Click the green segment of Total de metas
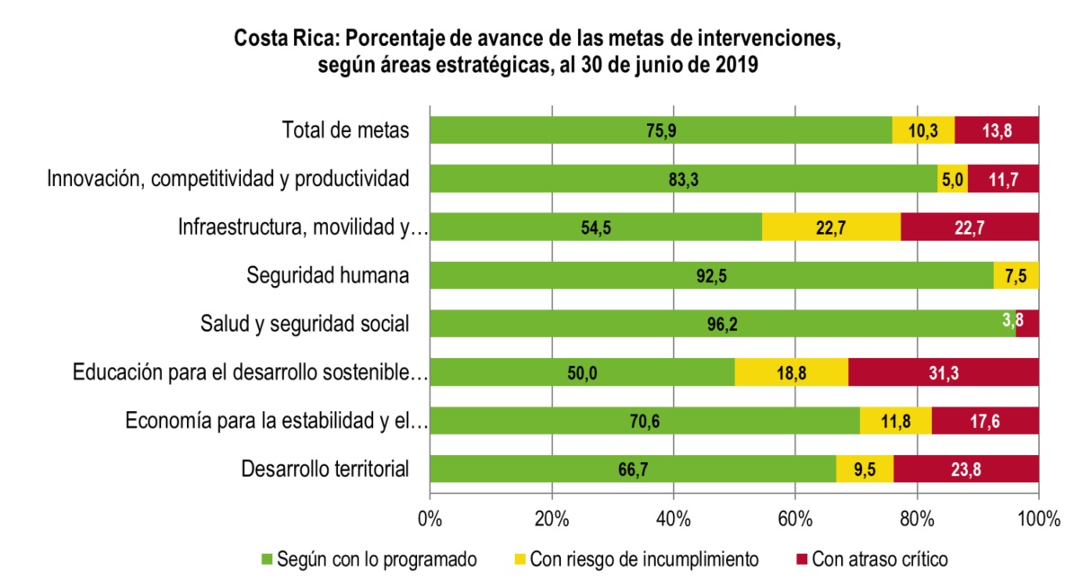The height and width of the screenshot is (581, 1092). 661,130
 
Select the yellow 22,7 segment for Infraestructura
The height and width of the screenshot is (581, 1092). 831,228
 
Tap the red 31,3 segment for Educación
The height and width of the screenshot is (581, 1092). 944,373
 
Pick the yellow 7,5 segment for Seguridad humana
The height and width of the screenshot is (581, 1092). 1017,276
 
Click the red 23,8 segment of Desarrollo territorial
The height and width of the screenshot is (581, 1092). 966,469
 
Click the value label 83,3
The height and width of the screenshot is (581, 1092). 684,179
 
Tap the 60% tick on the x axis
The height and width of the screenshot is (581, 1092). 795,519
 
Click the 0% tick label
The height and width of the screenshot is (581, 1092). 431,519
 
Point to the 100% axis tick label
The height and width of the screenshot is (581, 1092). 1038,519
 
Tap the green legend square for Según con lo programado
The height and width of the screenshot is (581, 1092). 266,559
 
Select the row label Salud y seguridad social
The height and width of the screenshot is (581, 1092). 305,324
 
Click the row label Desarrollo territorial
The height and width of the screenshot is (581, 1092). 325,469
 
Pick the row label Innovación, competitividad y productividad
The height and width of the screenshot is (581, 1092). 228,179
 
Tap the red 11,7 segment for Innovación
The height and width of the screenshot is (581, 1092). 1003,179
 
